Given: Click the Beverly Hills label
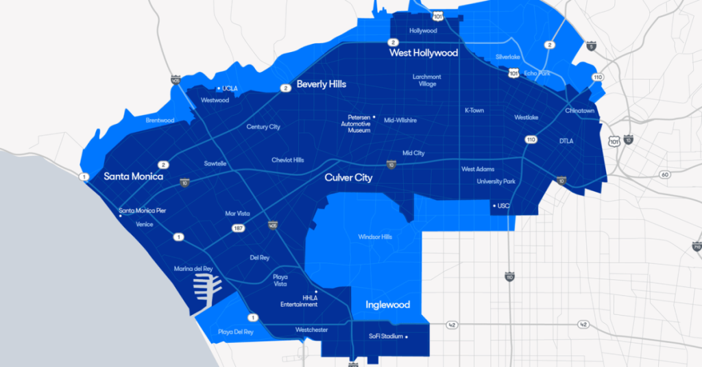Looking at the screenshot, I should pos(321,84).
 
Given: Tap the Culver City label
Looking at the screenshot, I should pos(348,178).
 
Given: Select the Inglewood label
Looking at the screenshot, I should pos(387,305).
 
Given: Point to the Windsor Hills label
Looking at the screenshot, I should pos(375,237).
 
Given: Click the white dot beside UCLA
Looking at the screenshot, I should pos(219,88).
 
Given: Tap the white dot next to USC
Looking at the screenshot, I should pos(494,205).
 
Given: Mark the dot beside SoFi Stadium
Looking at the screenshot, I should pos(407,337).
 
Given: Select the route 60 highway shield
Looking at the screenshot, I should pos(664,175).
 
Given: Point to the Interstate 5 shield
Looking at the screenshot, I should pos(591,47).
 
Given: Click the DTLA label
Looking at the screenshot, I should pos(566,141).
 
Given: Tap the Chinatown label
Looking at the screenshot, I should pos(580,110).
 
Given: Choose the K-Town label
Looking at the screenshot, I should pos(474,110).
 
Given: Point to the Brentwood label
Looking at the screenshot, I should pos(160,121).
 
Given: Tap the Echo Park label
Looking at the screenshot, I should pos(537,73).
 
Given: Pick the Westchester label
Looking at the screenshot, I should pos(311,330).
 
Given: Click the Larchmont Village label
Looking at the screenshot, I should pos(426,80).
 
